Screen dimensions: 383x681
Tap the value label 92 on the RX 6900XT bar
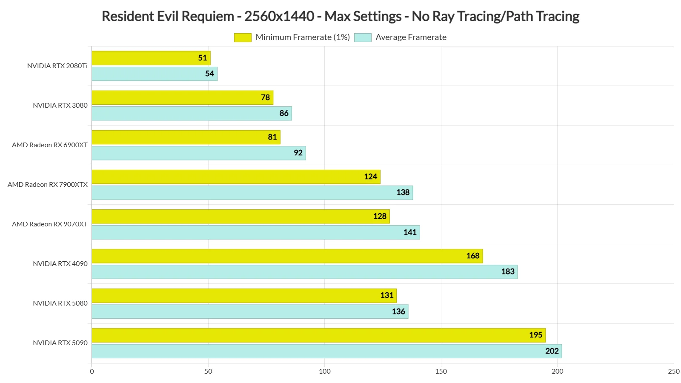[x=298, y=153]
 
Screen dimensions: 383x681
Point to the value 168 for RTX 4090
[x=472, y=256]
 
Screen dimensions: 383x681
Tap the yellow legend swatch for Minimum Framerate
[x=243, y=37]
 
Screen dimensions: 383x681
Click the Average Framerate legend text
[x=411, y=37]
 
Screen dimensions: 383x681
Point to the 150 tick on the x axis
[x=441, y=371]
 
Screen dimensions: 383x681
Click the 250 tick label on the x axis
[x=673, y=371]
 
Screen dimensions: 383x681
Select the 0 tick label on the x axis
[x=92, y=371]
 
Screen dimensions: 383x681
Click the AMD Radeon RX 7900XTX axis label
[x=48, y=185]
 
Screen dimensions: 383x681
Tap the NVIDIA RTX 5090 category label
[x=60, y=343]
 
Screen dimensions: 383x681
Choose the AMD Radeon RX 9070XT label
[x=50, y=224]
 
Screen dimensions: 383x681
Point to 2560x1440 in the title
[x=279, y=17]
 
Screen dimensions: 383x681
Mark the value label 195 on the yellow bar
[x=535, y=335]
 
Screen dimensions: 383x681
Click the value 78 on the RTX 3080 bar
[x=265, y=97]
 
